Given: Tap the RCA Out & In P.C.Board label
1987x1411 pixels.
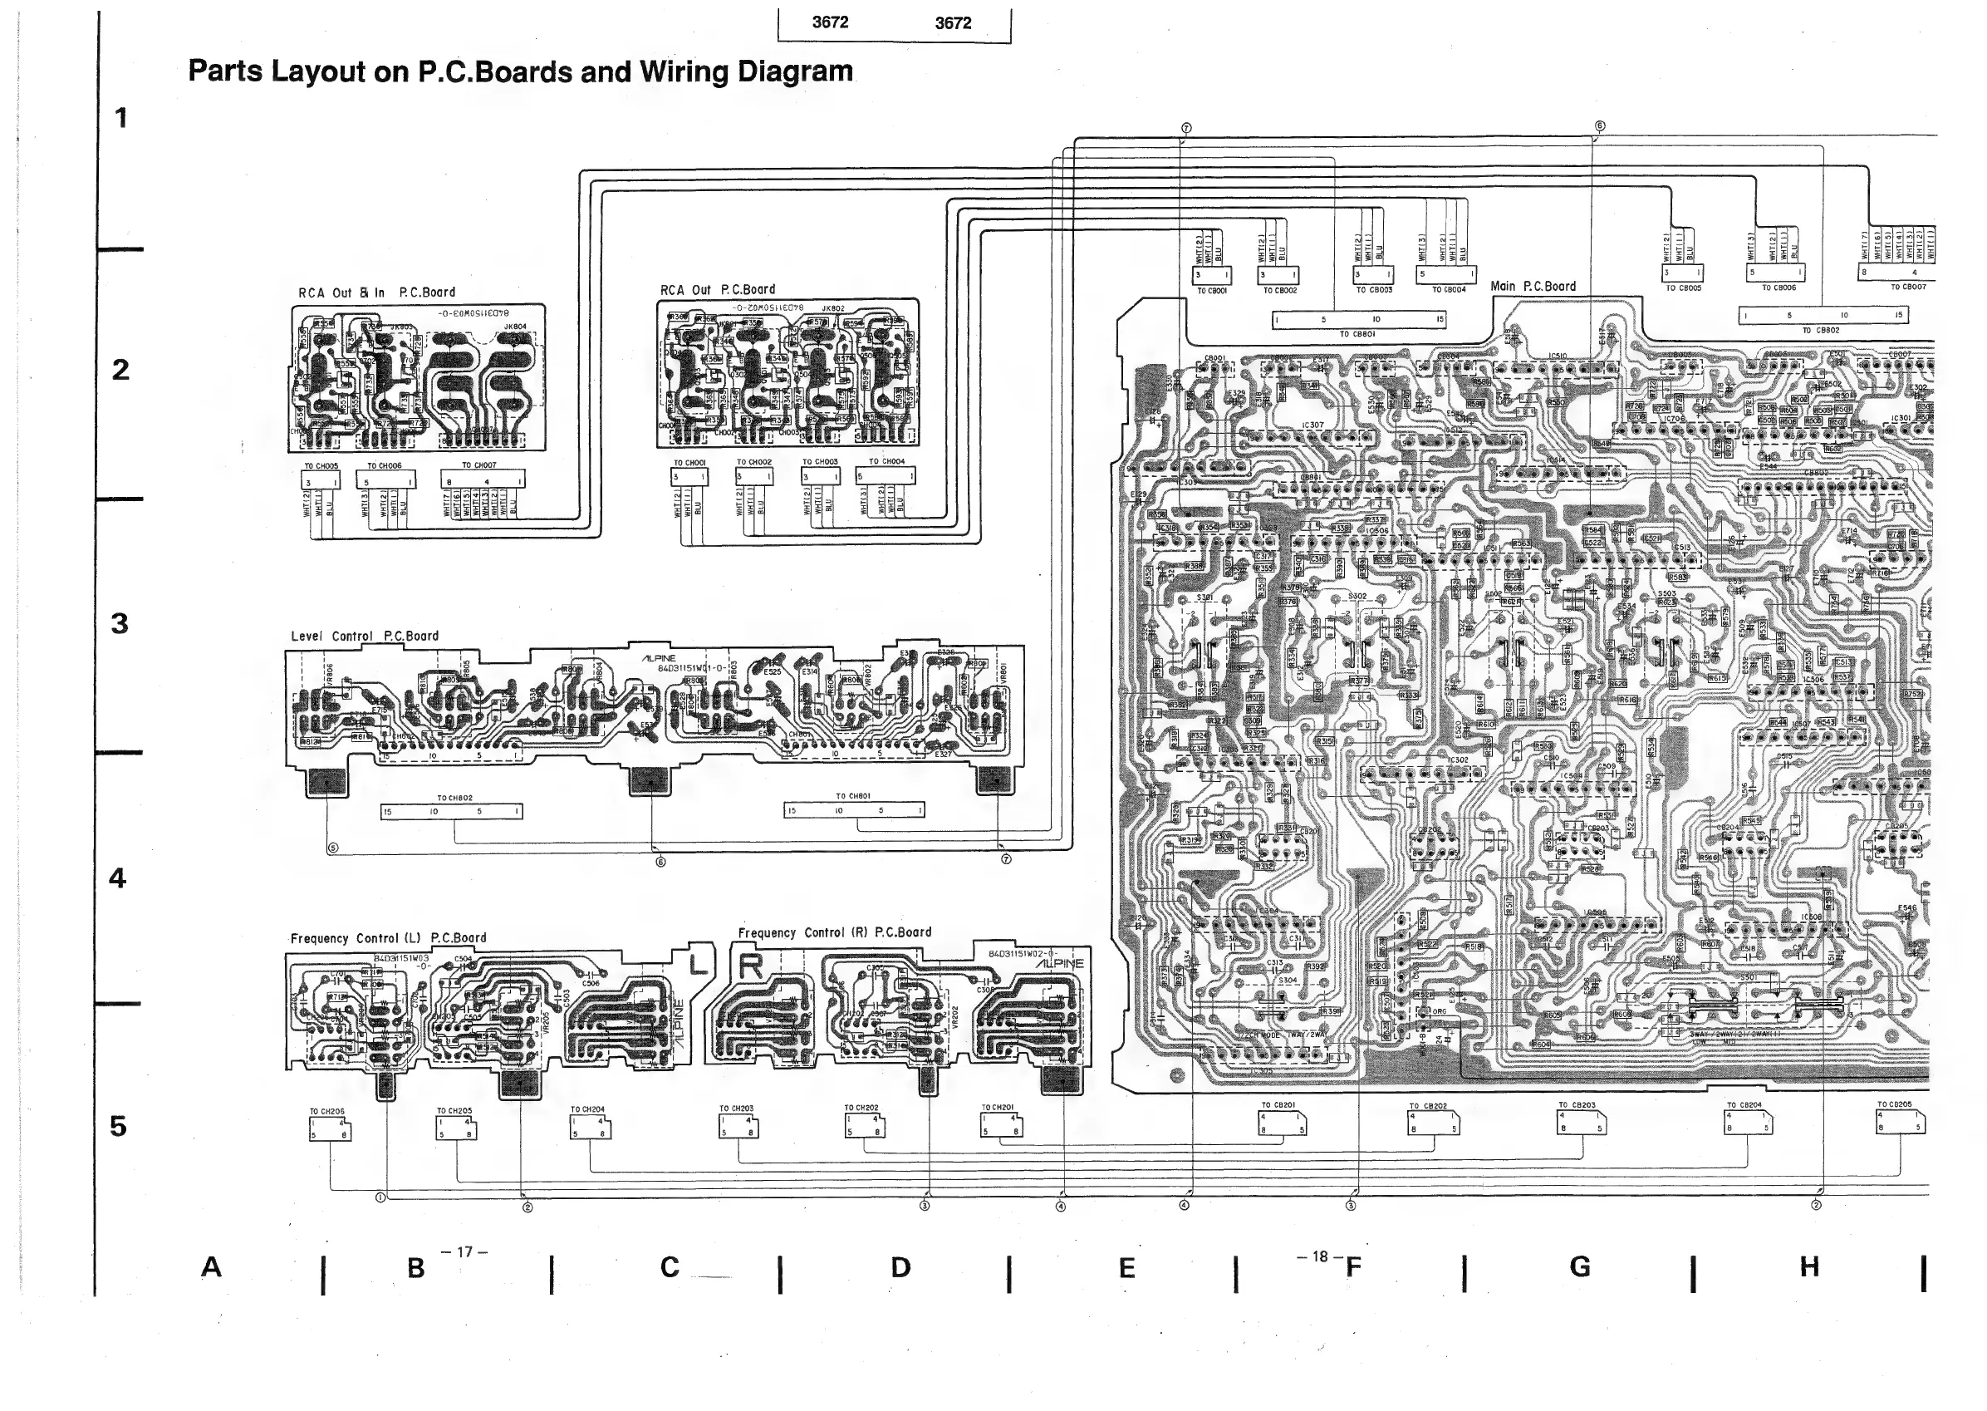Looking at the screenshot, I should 377,293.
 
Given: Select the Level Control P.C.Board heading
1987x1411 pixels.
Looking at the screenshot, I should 365,636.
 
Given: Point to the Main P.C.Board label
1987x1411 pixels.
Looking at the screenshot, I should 1533,286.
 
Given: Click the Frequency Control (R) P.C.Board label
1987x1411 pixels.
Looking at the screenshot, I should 835,932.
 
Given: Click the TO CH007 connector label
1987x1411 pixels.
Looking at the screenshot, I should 478,465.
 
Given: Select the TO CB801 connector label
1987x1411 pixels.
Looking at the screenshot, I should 1357,333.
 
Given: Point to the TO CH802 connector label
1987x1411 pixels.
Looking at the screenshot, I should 454,798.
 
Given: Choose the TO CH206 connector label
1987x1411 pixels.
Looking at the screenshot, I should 327,1111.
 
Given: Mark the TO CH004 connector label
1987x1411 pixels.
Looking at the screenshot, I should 886,461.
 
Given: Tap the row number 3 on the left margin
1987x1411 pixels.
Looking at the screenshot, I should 120,623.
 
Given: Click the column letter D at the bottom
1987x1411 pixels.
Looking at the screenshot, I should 900,1267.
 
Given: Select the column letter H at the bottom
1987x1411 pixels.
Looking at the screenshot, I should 1810,1266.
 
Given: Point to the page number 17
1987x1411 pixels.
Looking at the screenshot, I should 464,1252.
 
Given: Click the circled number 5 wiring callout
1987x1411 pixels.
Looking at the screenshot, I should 332,848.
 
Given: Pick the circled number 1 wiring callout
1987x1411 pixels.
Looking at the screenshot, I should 380,1197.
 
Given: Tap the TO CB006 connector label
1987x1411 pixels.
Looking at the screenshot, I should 1778,288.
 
